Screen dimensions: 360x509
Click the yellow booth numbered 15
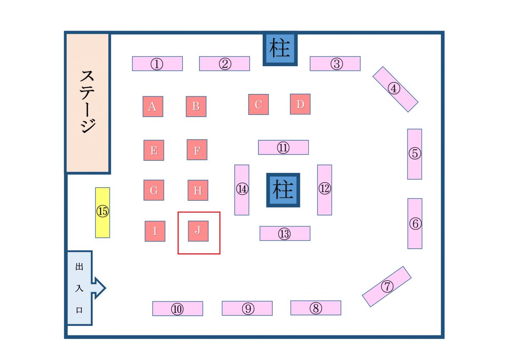click(x=102, y=212)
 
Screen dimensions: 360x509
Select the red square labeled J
click(x=198, y=231)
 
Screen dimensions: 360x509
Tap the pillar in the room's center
click(x=283, y=190)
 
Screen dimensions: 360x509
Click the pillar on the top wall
click(x=280, y=49)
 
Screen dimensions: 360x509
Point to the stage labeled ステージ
click(x=88, y=103)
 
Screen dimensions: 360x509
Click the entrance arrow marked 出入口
click(x=83, y=288)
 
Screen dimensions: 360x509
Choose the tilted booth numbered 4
click(x=395, y=89)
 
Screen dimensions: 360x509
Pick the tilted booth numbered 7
click(x=387, y=286)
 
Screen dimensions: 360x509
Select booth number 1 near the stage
click(x=157, y=64)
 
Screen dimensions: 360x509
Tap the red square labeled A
click(x=153, y=107)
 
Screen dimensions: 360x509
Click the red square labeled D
click(x=300, y=104)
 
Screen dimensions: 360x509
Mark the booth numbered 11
click(x=283, y=147)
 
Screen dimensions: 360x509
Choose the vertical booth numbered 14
click(x=242, y=190)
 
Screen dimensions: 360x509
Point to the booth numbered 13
click(x=285, y=233)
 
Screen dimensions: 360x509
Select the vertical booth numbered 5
click(x=414, y=154)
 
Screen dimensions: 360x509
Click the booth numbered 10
click(x=177, y=309)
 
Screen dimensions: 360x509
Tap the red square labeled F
click(x=197, y=150)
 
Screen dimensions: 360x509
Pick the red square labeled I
click(x=155, y=231)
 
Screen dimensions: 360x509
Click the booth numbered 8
click(x=316, y=308)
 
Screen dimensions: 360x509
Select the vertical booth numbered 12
click(x=324, y=189)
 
